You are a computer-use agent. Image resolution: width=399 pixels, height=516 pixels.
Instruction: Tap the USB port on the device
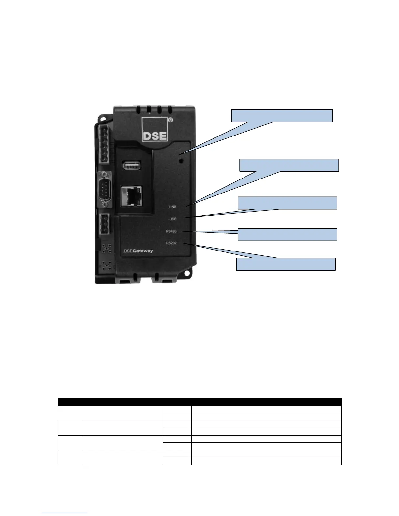[x=132, y=165]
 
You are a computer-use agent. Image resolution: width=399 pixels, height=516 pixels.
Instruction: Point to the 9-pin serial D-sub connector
[x=104, y=189]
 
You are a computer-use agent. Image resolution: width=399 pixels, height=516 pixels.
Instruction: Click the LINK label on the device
[x=172, y=207]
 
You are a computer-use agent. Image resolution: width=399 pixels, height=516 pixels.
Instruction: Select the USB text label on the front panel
[x=173, y=219]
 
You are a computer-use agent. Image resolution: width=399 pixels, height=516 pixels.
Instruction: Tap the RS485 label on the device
[x=171, y=231]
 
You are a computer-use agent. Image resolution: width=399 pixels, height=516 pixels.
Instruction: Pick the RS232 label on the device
[x=171, y=243]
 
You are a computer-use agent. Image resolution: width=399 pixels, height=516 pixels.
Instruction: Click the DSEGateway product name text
[x=138, y=251]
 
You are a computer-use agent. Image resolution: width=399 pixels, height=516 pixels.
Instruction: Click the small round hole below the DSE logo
[x=180, y=161]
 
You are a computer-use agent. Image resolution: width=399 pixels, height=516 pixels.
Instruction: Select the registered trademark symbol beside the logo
[x=170, y=120]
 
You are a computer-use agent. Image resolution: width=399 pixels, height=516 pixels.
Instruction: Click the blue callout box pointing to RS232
[x=286, y=264]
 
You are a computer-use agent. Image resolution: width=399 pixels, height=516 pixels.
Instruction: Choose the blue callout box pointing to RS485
[x=288, y=235]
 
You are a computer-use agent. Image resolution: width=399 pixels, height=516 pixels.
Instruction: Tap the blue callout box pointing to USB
[x=288, y=203]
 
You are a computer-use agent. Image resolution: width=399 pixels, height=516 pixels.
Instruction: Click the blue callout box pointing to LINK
[x=289, y=165]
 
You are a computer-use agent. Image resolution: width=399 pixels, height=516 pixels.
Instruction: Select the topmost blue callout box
[x=282, y=116]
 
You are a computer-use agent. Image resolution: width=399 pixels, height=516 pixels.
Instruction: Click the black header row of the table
[x=199, y=402]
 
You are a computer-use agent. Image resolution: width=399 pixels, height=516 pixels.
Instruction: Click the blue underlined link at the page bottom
[x=65, y=513]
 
